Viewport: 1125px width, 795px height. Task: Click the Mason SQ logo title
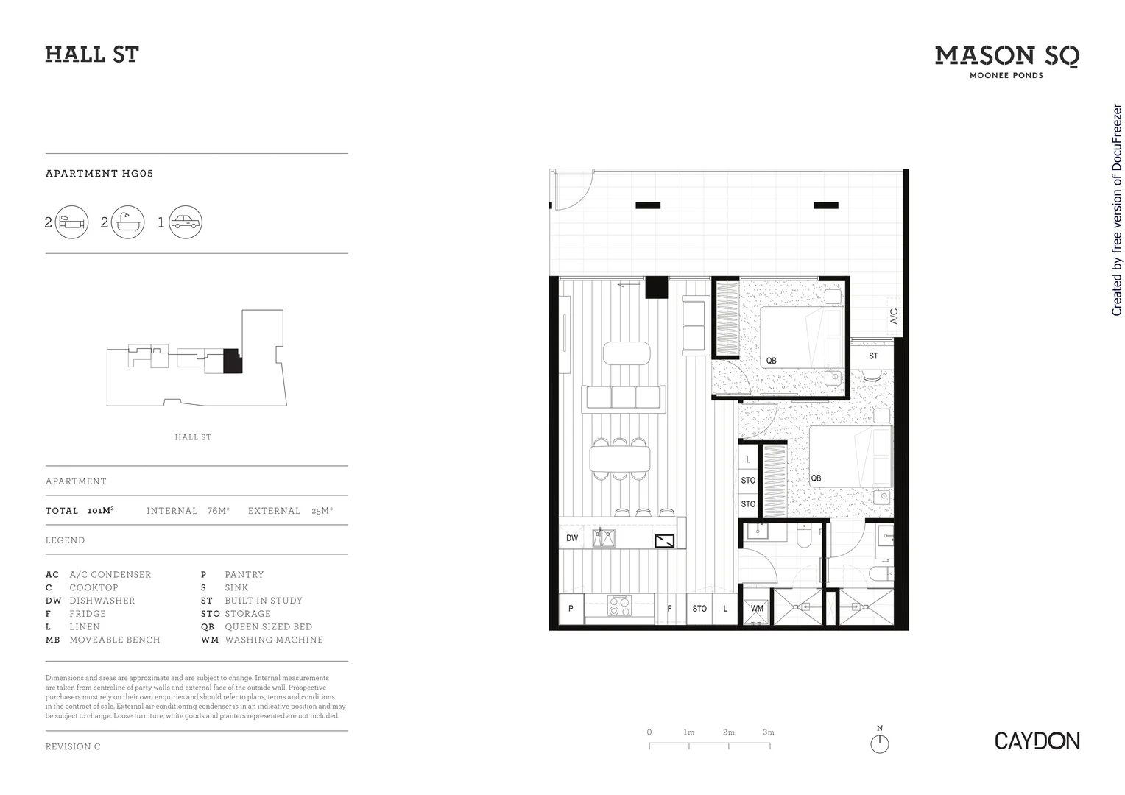click(x=1006, y=56)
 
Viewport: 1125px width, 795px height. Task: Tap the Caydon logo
click(x=1037, y=741)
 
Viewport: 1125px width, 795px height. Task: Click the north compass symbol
click(x=879, y=743)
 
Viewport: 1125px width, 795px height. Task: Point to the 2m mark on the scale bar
click(x=729, y=733)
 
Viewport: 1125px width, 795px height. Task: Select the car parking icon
click(x=185, y=222)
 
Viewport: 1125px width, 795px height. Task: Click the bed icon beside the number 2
click(x=72, y=222)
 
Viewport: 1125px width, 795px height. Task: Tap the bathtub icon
click(x=128, y=222)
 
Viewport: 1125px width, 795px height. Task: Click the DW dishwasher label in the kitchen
click(x=572, y=538)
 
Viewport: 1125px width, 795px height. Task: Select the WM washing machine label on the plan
click(x=757, y=609)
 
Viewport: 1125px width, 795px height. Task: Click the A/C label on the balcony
click(x=894, y=317)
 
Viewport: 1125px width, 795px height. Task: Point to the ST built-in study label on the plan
click(x=873, y=356)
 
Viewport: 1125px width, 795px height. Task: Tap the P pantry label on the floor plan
click(x=571, y=609)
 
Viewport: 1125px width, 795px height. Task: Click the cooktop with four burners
click(x=619, y=607)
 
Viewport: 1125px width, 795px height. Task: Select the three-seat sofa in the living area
click(x=623, y=397)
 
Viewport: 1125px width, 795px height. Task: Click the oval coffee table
click(x=627, y=353)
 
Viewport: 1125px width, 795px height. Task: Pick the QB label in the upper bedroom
click(x=771, y=361)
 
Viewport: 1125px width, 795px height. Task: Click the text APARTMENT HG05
click(x=99, y=174)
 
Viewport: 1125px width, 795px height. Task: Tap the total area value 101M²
click(x=100, y=510)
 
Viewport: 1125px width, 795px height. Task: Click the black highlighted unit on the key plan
click(x=232, y=361)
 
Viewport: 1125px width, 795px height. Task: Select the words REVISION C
click(x=73, y=746)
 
